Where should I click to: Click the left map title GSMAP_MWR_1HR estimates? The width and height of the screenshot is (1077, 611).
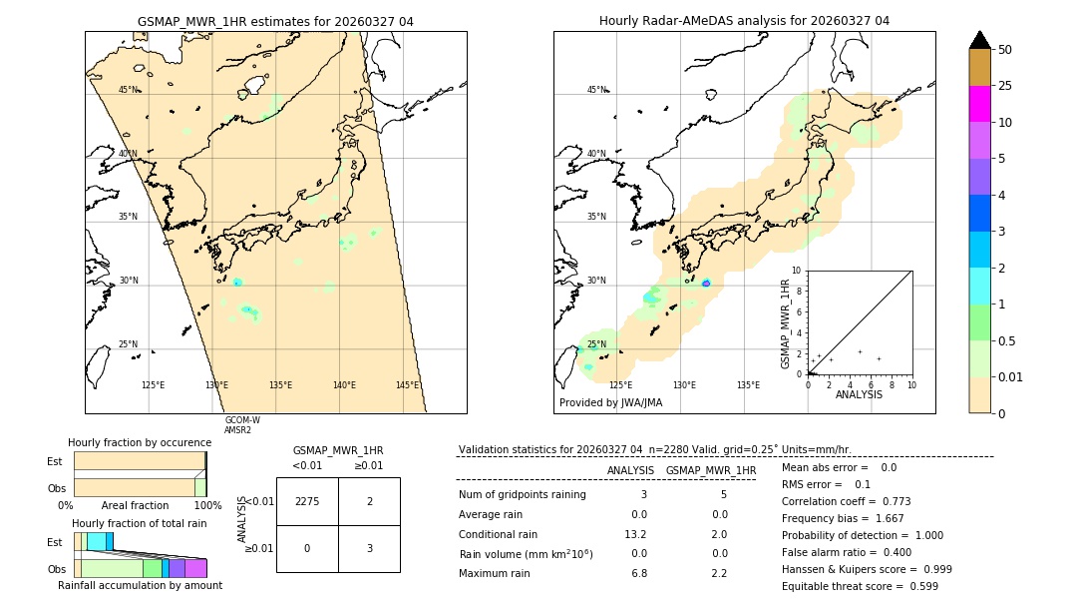click(x=275, y=21)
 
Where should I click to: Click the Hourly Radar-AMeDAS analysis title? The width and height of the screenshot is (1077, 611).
click(x=744, y=21)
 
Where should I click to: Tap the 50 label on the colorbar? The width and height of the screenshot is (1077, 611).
click(x=1005, y=50)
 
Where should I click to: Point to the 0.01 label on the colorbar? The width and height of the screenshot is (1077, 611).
click(x=1011, y=376)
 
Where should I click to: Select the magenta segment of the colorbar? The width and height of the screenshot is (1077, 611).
click(x=979, y=104)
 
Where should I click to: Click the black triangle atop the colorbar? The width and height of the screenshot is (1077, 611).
click(x=979, y=40)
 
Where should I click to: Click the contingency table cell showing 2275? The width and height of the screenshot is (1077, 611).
click(x=307, y=501)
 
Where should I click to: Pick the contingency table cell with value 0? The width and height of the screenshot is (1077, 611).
click(x=307, y=548)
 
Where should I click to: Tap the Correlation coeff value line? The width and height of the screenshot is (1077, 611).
click(x=846, y=501)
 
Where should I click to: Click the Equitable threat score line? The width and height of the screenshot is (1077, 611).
click(x=860, y=586)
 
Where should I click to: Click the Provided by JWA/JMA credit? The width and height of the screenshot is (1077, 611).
click(x=610, y=403)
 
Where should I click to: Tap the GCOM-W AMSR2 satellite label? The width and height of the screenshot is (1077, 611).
click(x=241, y=425)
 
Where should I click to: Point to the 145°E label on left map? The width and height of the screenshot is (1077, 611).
click(x=407, y=385)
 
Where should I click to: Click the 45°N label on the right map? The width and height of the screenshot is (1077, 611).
click(x=596, y=90)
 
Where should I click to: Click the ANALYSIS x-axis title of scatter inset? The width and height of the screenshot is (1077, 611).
click(x=859, y=394)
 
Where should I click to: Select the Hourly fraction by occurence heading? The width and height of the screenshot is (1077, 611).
click(x=140, y=442)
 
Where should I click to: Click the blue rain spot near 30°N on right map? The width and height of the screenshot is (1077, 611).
click(x=706, y=284)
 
